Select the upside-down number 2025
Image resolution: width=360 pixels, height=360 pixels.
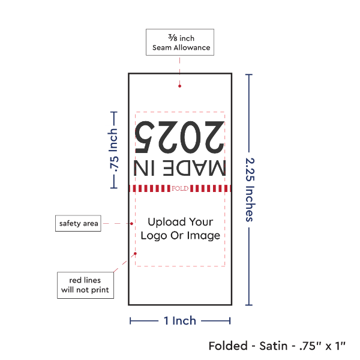coord(180,136)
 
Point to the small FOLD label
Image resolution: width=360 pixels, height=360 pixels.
coord(180,188)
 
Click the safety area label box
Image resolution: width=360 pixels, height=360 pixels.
coord(79,224)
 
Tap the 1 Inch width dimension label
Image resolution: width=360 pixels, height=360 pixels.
coord(180,321)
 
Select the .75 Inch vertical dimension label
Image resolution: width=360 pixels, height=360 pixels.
coord(113,149)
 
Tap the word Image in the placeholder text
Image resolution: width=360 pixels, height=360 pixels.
coord(204,236)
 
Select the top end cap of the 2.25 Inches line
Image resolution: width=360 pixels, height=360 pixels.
coord(249,75)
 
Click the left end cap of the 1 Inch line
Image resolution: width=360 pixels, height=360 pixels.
coord(131,321)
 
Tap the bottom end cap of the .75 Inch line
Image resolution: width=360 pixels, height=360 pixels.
coord(112,187)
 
